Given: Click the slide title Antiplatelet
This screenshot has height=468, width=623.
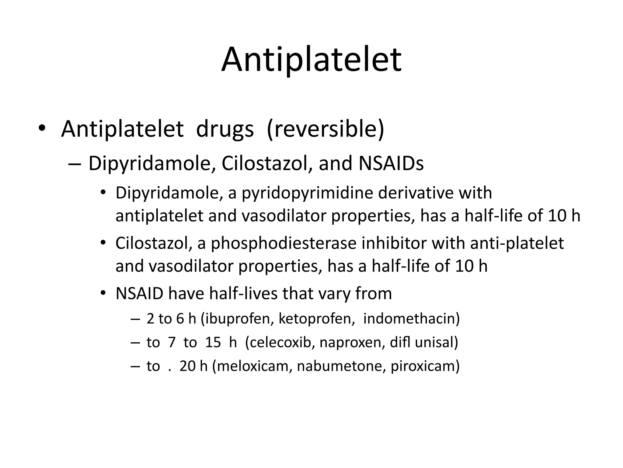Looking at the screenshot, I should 311,59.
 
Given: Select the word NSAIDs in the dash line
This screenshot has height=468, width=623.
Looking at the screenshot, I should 391,164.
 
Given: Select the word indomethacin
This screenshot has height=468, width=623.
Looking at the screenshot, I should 411,319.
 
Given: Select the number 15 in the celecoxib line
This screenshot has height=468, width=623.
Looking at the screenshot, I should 213,342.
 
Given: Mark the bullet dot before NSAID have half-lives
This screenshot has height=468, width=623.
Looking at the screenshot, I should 103,293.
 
